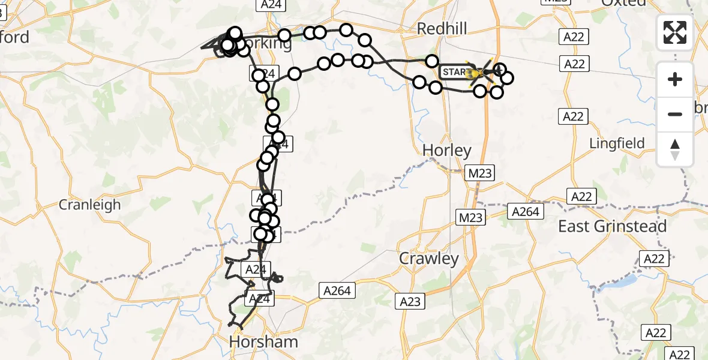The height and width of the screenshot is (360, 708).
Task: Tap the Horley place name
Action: coord(447,149)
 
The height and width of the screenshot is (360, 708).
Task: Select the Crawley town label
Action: coord(429,259)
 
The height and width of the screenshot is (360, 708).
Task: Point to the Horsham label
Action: coord(264,342)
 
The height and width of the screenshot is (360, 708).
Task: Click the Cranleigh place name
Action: coord(89,205)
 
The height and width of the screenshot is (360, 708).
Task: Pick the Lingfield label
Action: coord(617,143)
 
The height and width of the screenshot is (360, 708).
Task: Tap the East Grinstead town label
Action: coord(612,226)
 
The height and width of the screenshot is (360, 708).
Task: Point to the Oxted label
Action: coord(624,3)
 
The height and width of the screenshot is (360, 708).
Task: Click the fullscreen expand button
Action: coord(675,32)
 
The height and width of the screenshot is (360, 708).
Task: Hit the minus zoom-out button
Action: coord(675,114)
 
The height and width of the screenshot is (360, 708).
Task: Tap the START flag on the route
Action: coord(455,73)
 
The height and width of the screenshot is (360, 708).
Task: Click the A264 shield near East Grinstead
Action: coord(526,211)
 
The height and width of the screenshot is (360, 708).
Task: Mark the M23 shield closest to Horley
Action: coord(481,173)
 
